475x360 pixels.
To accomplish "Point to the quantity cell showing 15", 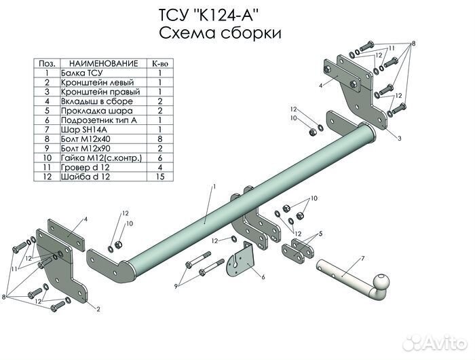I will click(159, 177).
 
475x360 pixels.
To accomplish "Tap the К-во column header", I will click(159, 62).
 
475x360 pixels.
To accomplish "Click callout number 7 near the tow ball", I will click(363, 259).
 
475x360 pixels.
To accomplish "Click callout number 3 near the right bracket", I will click(399, 138).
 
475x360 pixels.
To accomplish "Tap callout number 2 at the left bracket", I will click(98, 309).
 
